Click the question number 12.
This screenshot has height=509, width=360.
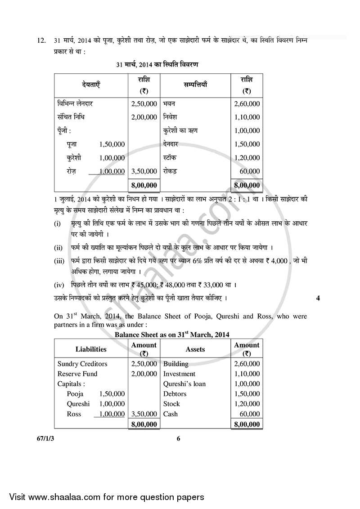pyautogui.click(x=41, y=41)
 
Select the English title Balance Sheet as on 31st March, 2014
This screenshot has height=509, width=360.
pyautogui.click(x=172, y=335)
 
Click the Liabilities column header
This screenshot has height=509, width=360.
pyautogui.click(x=91, y=349)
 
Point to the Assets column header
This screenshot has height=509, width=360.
pyautogui.click(x=195, y=349)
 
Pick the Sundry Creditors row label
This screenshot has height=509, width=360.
pyautogui.click(x=82, y=364)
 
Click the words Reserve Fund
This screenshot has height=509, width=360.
pyautogui.click(x=77, y=374)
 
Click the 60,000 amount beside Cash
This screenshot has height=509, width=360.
pyautogui.click(x=250, y=414)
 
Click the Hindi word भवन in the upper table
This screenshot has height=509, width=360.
pyautogui.click(x=170, y=104)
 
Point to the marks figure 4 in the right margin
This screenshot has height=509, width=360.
pyautogui.click(x=318, y=298)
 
